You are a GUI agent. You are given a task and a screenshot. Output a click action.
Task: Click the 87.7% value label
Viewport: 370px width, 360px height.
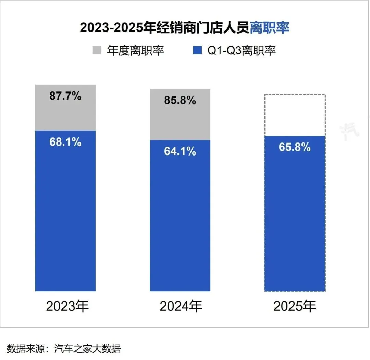(x=65, y=96)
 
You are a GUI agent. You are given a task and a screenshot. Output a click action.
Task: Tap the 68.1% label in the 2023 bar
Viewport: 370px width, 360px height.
(x=65, y=142)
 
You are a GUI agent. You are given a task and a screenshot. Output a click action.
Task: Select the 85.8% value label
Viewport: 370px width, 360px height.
(x=180, y=100)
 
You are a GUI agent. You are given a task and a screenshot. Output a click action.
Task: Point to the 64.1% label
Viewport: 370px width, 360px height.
(x=180, y=151)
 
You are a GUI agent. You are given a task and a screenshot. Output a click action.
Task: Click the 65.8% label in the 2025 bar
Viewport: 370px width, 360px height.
(x=295, y=147)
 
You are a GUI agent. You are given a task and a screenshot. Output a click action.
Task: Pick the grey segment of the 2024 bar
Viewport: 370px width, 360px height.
(x=180, y=122)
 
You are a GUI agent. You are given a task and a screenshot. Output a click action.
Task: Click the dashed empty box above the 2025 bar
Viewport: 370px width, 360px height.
(x=295, y=115)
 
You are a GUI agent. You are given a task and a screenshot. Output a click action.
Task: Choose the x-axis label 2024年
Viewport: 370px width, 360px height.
(x=181, y=307)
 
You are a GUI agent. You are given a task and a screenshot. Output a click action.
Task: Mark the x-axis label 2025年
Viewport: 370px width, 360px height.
(x=295, y=307)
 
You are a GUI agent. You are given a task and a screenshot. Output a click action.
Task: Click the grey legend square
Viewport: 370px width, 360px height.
(x=97, y=51)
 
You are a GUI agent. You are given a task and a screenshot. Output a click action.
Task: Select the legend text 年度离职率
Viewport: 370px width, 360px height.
(x=136, y=51)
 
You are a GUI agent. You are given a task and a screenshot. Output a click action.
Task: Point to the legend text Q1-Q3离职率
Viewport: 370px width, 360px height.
(x=242, y=51)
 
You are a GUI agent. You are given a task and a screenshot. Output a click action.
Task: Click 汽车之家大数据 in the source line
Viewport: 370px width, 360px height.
(x=88, y=349)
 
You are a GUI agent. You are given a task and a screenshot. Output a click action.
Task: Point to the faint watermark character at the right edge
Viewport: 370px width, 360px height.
(x=349, y=130)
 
